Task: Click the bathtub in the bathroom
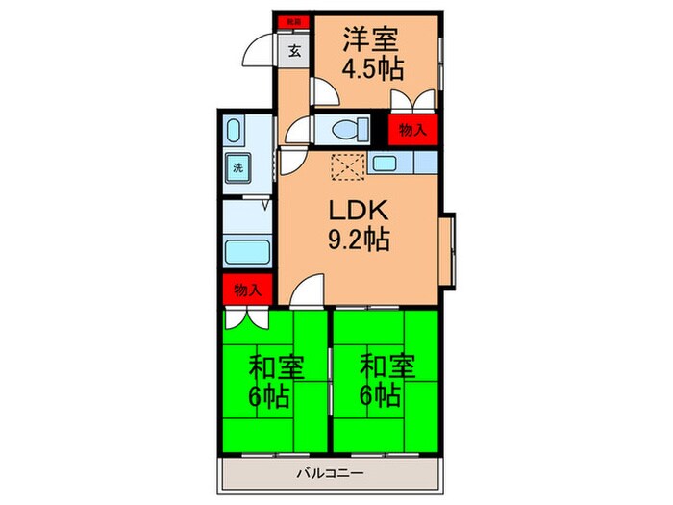(247, 253)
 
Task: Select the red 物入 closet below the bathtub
(247, 290)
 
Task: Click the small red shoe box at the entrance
(289, 20)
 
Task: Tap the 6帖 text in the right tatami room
(383, 394)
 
